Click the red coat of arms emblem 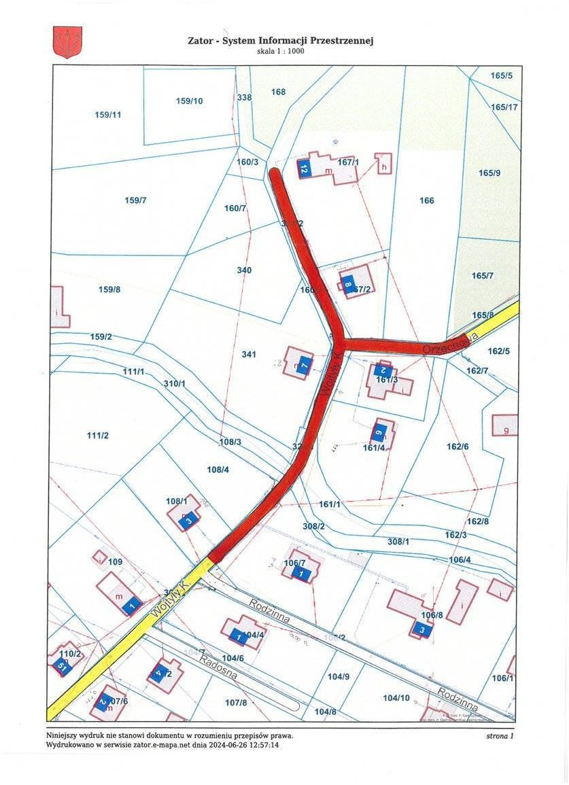[67, 41]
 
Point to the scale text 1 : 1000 [288, 52]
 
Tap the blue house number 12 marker [305, 169]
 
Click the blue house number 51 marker [60, 665]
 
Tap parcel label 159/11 [107, 115]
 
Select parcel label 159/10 [189, 101]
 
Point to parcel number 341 [249, 355]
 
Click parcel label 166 [426, 200]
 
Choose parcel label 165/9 [489, 173]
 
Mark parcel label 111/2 [98, 435]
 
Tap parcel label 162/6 [458, 447]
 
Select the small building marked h [383, 164]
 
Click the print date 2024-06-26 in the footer [217, 746]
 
